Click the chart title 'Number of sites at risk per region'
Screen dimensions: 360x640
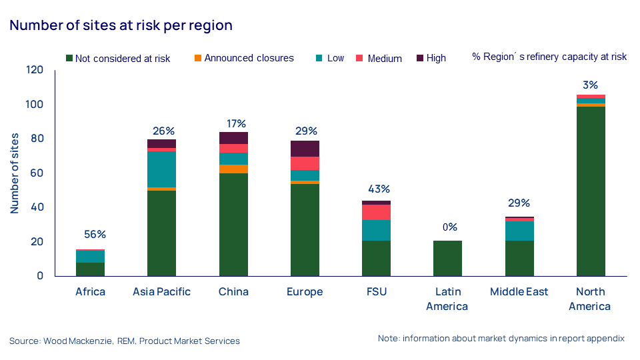click(x=121, y=26)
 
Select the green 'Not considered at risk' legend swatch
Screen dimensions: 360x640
click(x=69, y=58)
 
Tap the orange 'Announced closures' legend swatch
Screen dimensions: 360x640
click(x=198, y=58)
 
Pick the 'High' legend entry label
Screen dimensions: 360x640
click(x=436, y=58)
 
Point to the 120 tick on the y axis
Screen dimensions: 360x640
click(x=35, y=70)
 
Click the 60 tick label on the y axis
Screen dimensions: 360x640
click(x=37, y=173)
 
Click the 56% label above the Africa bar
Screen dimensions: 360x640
click(x=95, y=235)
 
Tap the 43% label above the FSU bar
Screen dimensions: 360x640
click(x=376, y=189)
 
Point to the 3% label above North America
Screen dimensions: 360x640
click(x=590, y=85)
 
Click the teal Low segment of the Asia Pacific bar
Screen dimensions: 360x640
click(x=161, y=169)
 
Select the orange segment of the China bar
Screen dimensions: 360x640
click(x=233, y=169)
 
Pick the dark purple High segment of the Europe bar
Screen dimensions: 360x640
click(x=305, y=149)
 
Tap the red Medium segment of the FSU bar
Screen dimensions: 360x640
click(x=376, y=212)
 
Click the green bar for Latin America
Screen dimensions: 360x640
click(x=447, y=258)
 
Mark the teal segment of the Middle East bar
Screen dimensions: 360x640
click(x=519, y=231)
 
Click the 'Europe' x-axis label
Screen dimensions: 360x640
click(x=305, y=292)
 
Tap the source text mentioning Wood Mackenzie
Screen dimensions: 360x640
click(x=125, y=341)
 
